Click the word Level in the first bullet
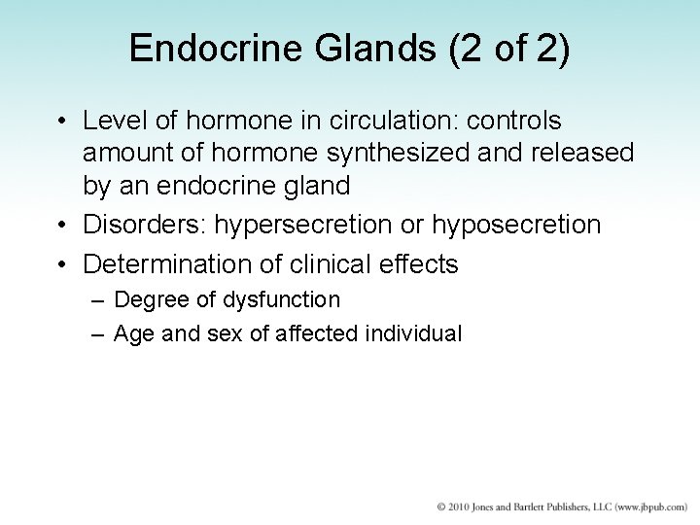click(109, 122)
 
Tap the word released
click(582, 153)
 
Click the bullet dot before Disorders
click(62, 226)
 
